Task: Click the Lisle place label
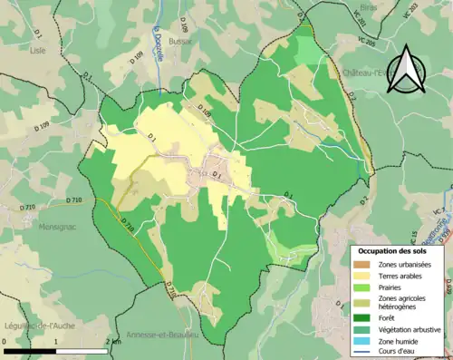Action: tap(37, 51)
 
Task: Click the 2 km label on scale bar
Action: tap(112, 341)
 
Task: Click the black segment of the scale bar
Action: tap(30, 350)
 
